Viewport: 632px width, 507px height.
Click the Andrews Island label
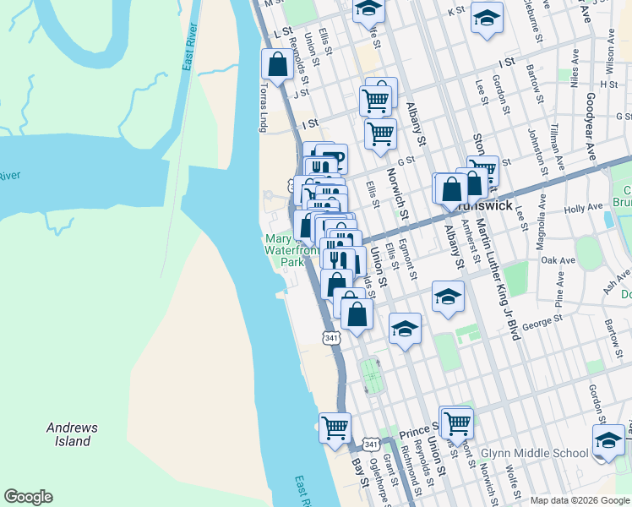coord(72,434)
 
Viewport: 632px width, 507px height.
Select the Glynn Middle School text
coord(534,454)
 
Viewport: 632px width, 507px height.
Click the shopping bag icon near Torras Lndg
coord(277,64)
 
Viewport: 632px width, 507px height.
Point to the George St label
coord(542,321)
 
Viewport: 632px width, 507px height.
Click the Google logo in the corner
coord(28,497)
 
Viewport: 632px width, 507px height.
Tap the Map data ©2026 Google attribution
coord(580,500)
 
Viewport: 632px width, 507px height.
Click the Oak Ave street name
coord(558,259)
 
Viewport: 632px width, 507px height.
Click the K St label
coord(456,11)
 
